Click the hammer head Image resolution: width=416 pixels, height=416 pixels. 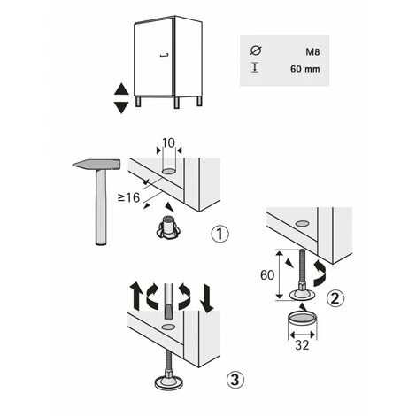[96, 165]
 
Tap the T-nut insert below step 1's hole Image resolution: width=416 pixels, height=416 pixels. [168, 227]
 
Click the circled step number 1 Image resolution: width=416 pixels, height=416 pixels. [220, 234]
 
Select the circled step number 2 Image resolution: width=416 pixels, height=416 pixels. [335, 298]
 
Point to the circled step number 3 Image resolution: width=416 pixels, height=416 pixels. [235, 380]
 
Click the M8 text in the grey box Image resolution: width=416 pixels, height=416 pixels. [312, 52]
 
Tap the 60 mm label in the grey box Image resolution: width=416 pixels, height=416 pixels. [305, 69]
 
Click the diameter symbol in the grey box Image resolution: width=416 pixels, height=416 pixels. [256, 50]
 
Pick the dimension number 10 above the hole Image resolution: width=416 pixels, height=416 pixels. [168, 143]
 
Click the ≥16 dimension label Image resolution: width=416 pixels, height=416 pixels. [128, 197]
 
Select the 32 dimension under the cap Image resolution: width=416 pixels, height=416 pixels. [302, 345]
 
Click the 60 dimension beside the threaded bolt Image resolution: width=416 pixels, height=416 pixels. [267, 275]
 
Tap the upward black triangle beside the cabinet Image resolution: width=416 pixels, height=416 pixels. [121, 89]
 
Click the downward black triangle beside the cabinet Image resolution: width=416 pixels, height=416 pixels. [121, 107]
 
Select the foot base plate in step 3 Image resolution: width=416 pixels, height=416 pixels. [169, 383]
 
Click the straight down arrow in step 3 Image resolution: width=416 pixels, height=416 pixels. [206, 298]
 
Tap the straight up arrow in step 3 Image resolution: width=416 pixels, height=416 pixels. [136, 296]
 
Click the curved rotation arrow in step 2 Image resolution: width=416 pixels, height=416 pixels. [321, 273]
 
